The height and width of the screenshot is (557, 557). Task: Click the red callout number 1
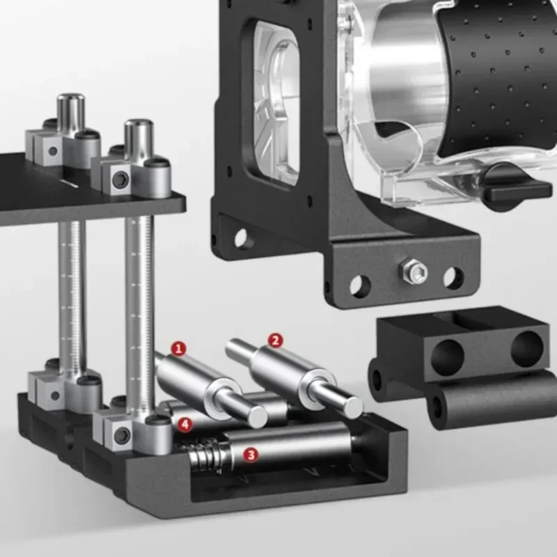[x=179, y=348]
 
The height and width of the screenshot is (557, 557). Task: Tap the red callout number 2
[x=276, y=340]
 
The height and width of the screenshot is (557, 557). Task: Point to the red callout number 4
[x=184, y=423]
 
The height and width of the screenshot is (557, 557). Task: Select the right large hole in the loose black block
[x=527, y=349]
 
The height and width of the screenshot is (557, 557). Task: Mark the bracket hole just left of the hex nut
[x=360, y=285]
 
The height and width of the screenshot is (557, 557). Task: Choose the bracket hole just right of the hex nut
[x=453, y=278]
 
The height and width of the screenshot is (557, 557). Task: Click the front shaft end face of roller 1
[x=258, y=416]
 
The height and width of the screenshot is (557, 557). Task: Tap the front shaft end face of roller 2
[x=353, y=406]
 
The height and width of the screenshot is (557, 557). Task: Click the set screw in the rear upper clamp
[x=53, y=150]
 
